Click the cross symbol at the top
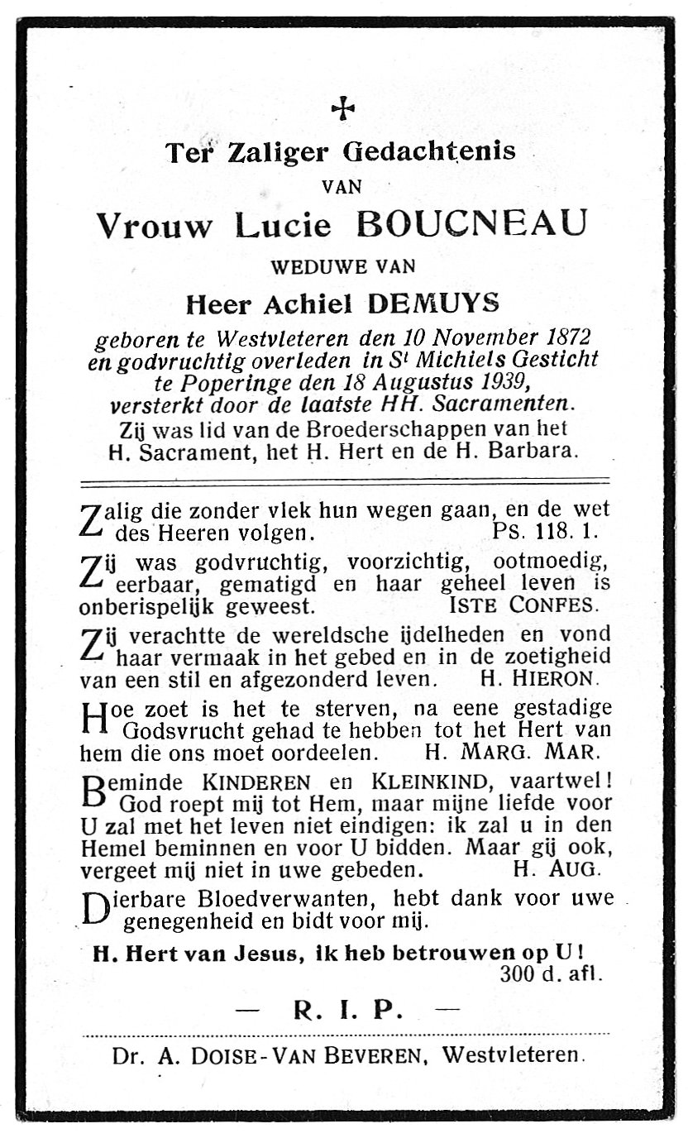342,108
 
